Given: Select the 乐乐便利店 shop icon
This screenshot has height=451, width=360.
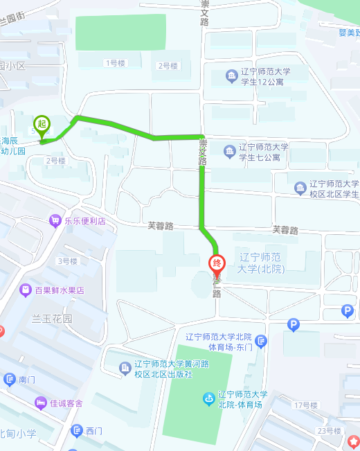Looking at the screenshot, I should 55,221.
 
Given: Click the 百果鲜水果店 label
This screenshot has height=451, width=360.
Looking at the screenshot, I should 61,290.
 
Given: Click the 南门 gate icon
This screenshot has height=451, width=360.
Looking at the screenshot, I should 9,379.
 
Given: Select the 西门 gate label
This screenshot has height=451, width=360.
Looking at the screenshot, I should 94,431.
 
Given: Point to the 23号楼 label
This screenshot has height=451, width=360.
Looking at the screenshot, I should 330,431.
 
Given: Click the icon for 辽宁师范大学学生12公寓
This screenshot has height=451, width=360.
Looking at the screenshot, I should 231,75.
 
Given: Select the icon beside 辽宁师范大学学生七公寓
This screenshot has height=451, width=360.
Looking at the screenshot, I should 230,150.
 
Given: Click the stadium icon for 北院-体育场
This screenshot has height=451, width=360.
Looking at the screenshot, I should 208,398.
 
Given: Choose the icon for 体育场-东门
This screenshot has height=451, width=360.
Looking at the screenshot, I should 260,340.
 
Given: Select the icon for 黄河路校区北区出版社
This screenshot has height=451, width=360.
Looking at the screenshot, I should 125,368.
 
